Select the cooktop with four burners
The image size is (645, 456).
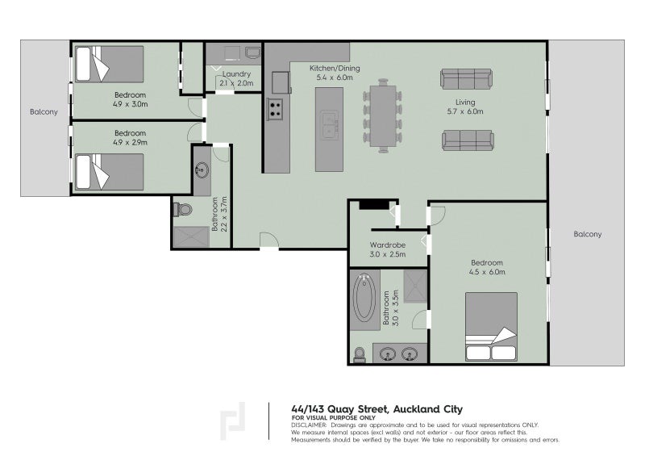275,108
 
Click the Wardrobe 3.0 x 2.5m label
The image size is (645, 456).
387,249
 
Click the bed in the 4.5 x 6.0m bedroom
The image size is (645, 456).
491,325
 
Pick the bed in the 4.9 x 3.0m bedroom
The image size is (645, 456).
109,64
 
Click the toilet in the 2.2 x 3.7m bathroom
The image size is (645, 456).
183,210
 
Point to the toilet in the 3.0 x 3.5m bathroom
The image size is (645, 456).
360,354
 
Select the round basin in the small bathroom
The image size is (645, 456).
202,170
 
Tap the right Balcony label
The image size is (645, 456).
587,234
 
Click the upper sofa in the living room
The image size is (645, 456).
466,79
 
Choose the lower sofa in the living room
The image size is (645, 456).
466,140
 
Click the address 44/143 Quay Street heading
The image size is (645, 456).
377,408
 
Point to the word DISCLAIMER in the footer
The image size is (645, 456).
309,424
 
